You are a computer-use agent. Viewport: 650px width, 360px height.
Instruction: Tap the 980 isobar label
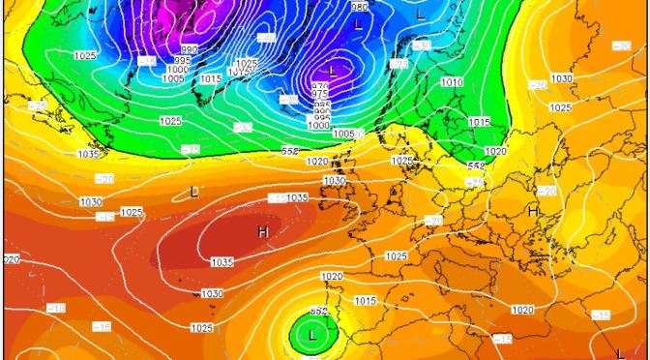coord(360,8)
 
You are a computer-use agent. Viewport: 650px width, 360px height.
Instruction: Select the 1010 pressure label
coord(452,83)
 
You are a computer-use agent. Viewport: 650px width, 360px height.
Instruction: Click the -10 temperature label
coord(57,308)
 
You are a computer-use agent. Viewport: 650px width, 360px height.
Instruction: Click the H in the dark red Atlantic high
coord(262,232)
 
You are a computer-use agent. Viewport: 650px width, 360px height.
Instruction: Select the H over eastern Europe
coord(533,211)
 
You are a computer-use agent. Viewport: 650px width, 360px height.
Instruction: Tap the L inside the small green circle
coord(311,336)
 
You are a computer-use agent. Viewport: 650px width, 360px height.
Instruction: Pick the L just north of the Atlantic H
coord(194,192)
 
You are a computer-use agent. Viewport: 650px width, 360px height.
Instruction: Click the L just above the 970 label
coord(333,71)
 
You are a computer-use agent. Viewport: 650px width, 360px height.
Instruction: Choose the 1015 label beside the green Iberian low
coord(365,302)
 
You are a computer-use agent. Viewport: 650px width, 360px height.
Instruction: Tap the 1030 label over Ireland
coord(335,181)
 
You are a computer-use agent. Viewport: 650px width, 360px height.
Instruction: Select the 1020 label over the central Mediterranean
coord(521,310)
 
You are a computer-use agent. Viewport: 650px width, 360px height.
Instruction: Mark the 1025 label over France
coord(395,255)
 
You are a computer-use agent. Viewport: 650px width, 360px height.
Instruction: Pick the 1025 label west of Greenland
coord(84,55)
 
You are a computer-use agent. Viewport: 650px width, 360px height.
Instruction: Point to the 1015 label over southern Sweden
coord(479,122)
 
